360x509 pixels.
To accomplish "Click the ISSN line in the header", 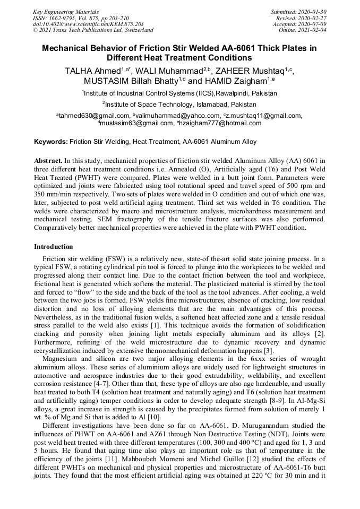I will click(81, 18).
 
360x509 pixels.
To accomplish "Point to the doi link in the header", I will click(88, 24).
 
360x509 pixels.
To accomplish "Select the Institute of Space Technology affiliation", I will click(179, 104).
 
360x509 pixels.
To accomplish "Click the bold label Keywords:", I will click(51, 142).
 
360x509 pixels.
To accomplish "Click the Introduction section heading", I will click(54, 247).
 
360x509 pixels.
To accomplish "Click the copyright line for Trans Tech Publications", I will click(93, 30).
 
